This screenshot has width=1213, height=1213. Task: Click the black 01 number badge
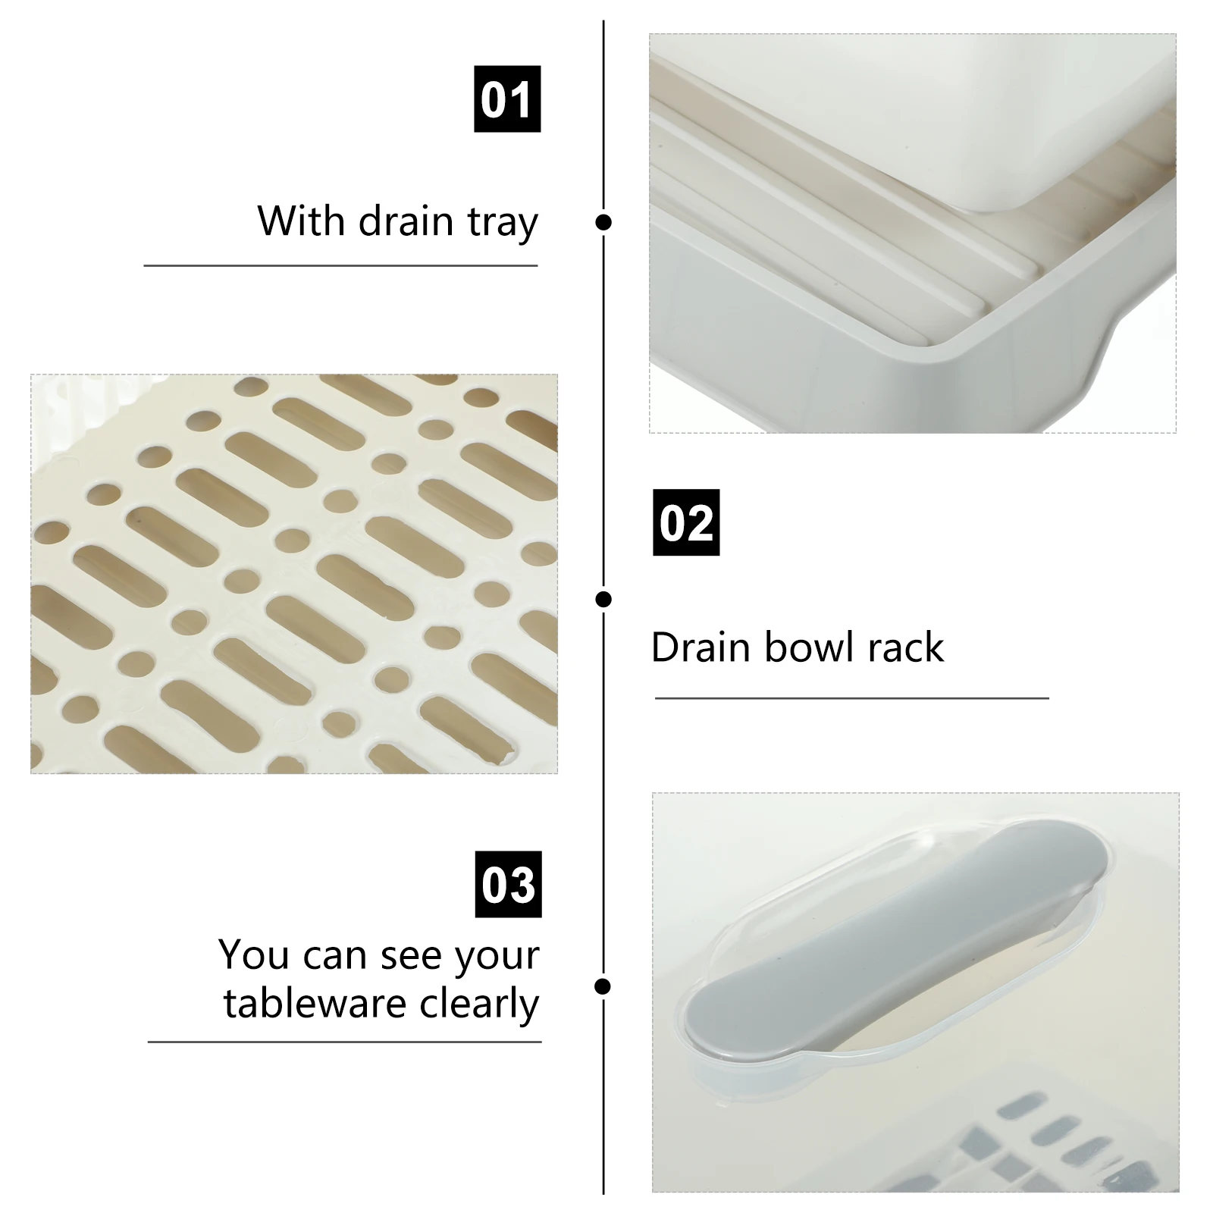tap(507, 99)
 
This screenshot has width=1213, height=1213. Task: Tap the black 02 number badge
tap(686, 522)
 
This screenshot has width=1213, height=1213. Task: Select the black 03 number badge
tap(508, 884)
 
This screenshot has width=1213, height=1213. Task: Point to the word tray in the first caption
tap(503, 223)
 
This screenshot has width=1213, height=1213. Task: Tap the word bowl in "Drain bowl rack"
tap(810, 647)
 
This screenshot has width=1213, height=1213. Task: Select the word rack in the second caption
tap(906, 647)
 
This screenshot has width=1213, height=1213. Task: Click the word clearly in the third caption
tap(479, 1005)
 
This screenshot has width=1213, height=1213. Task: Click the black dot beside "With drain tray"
tap(603, 222)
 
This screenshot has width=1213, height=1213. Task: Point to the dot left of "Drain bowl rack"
tap(603, 600)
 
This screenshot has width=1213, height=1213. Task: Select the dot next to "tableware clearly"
tap(603, 986)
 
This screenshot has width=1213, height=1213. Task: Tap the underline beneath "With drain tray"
tap(340, 266)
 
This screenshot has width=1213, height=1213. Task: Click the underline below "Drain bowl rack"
tap(851, 698)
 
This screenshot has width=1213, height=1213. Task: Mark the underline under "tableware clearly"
tap(344, 1042)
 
